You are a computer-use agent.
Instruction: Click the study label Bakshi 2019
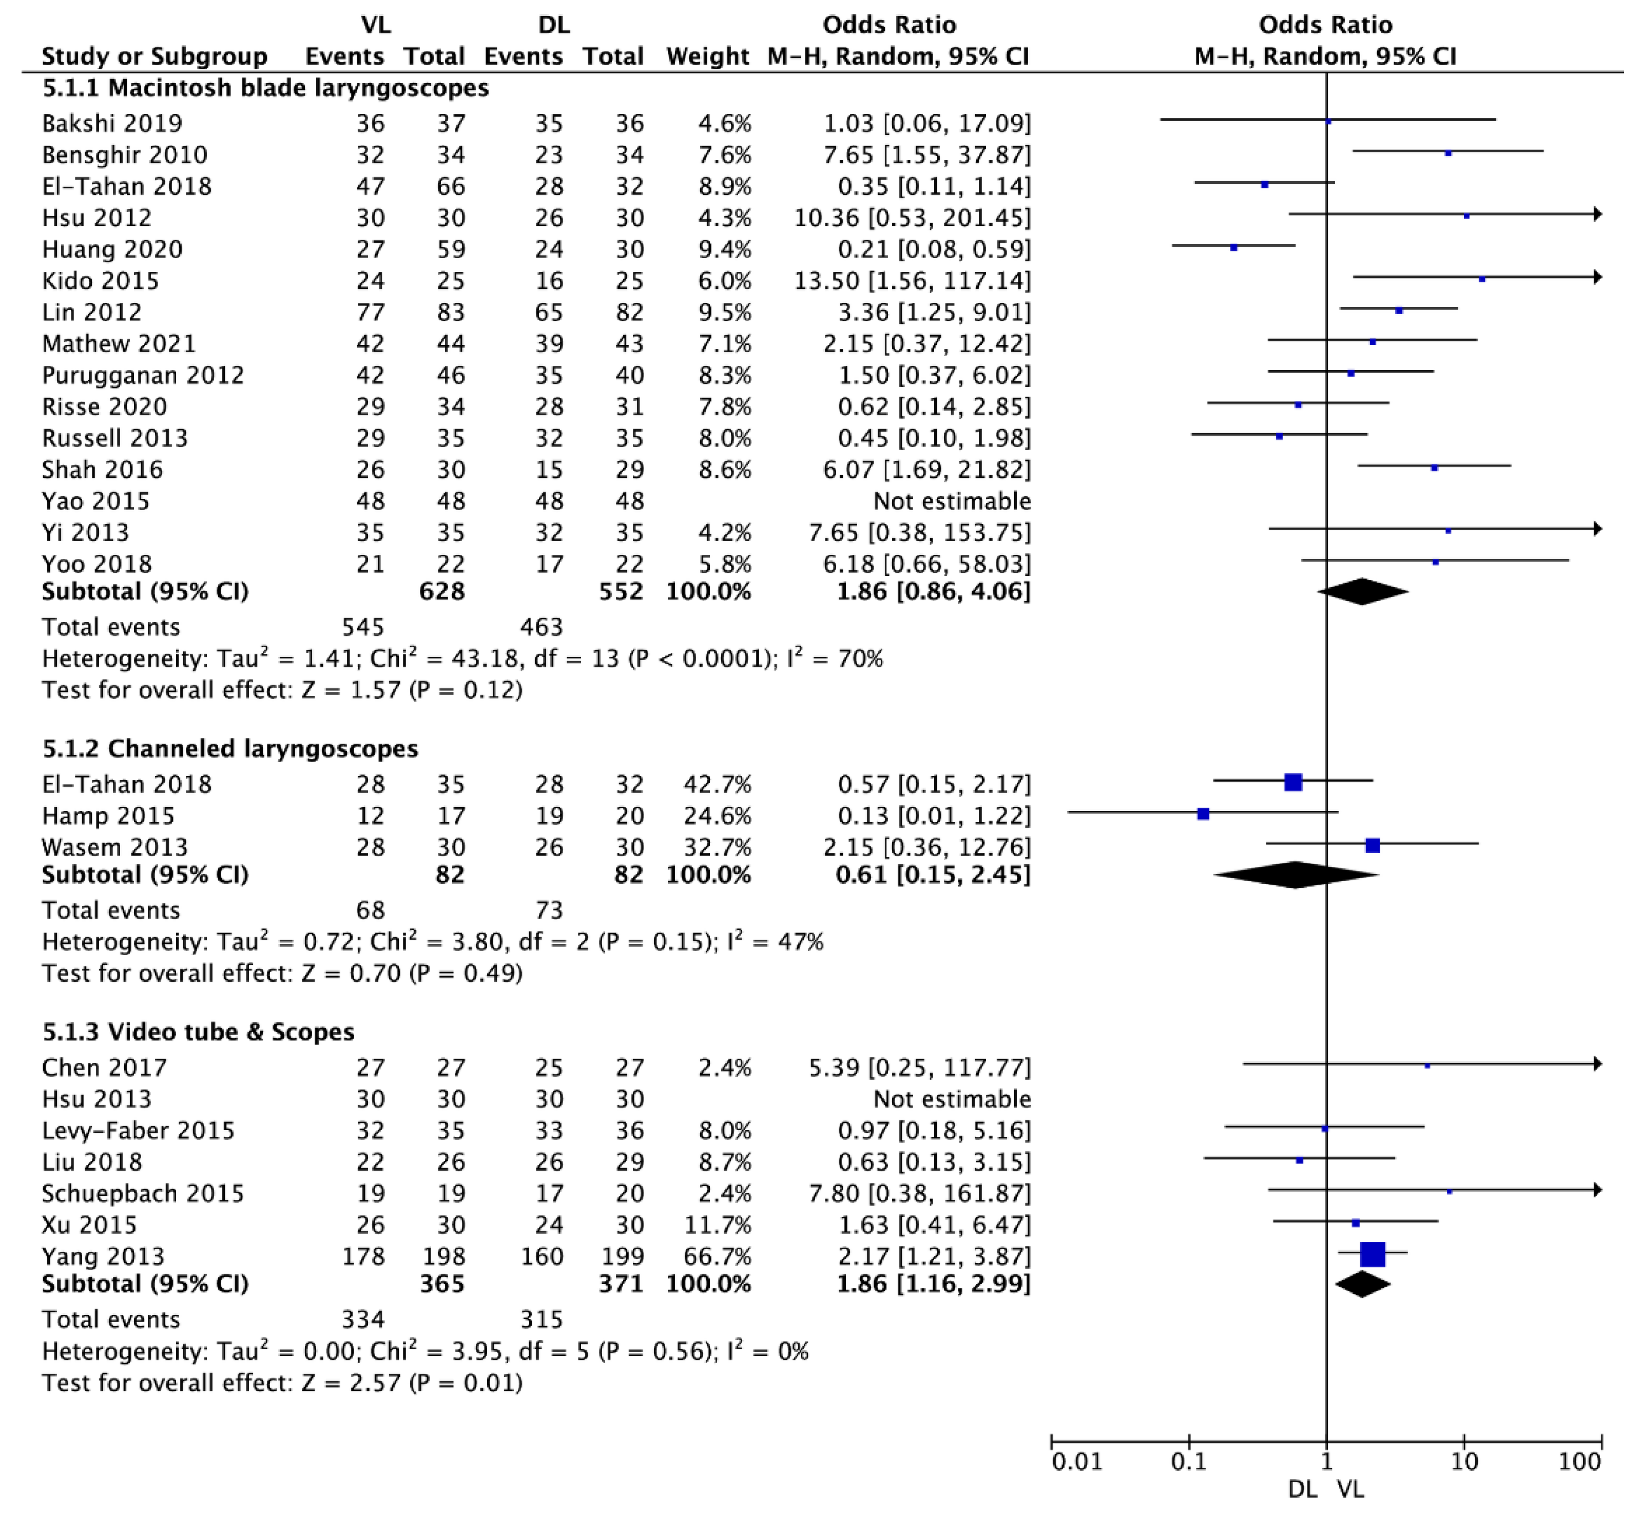click(112, 123)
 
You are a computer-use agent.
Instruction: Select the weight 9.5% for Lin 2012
click(708, 312)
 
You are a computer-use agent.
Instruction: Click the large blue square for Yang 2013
click(1373, 1254)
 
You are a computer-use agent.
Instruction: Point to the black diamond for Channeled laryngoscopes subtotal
click(1296, 875)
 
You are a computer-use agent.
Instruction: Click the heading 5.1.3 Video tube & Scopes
click(198, 1032)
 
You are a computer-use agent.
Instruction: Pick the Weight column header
click(707, 56)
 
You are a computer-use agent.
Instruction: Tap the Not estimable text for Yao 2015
click(952, 500)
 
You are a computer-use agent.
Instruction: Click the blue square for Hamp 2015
click(1203, 813)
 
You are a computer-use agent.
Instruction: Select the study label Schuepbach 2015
click(143, 1193)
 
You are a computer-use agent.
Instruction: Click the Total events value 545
click(363, 627)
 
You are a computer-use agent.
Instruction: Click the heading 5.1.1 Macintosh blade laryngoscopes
click(265, 88)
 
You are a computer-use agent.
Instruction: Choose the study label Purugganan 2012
click(143, 375)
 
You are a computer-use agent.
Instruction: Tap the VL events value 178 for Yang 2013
click(363, 1256)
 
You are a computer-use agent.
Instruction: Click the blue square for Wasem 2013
click(1373, 845)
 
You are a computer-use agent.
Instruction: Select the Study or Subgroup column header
click(154, 56)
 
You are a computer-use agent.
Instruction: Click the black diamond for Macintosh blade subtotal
click(1362, 592)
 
